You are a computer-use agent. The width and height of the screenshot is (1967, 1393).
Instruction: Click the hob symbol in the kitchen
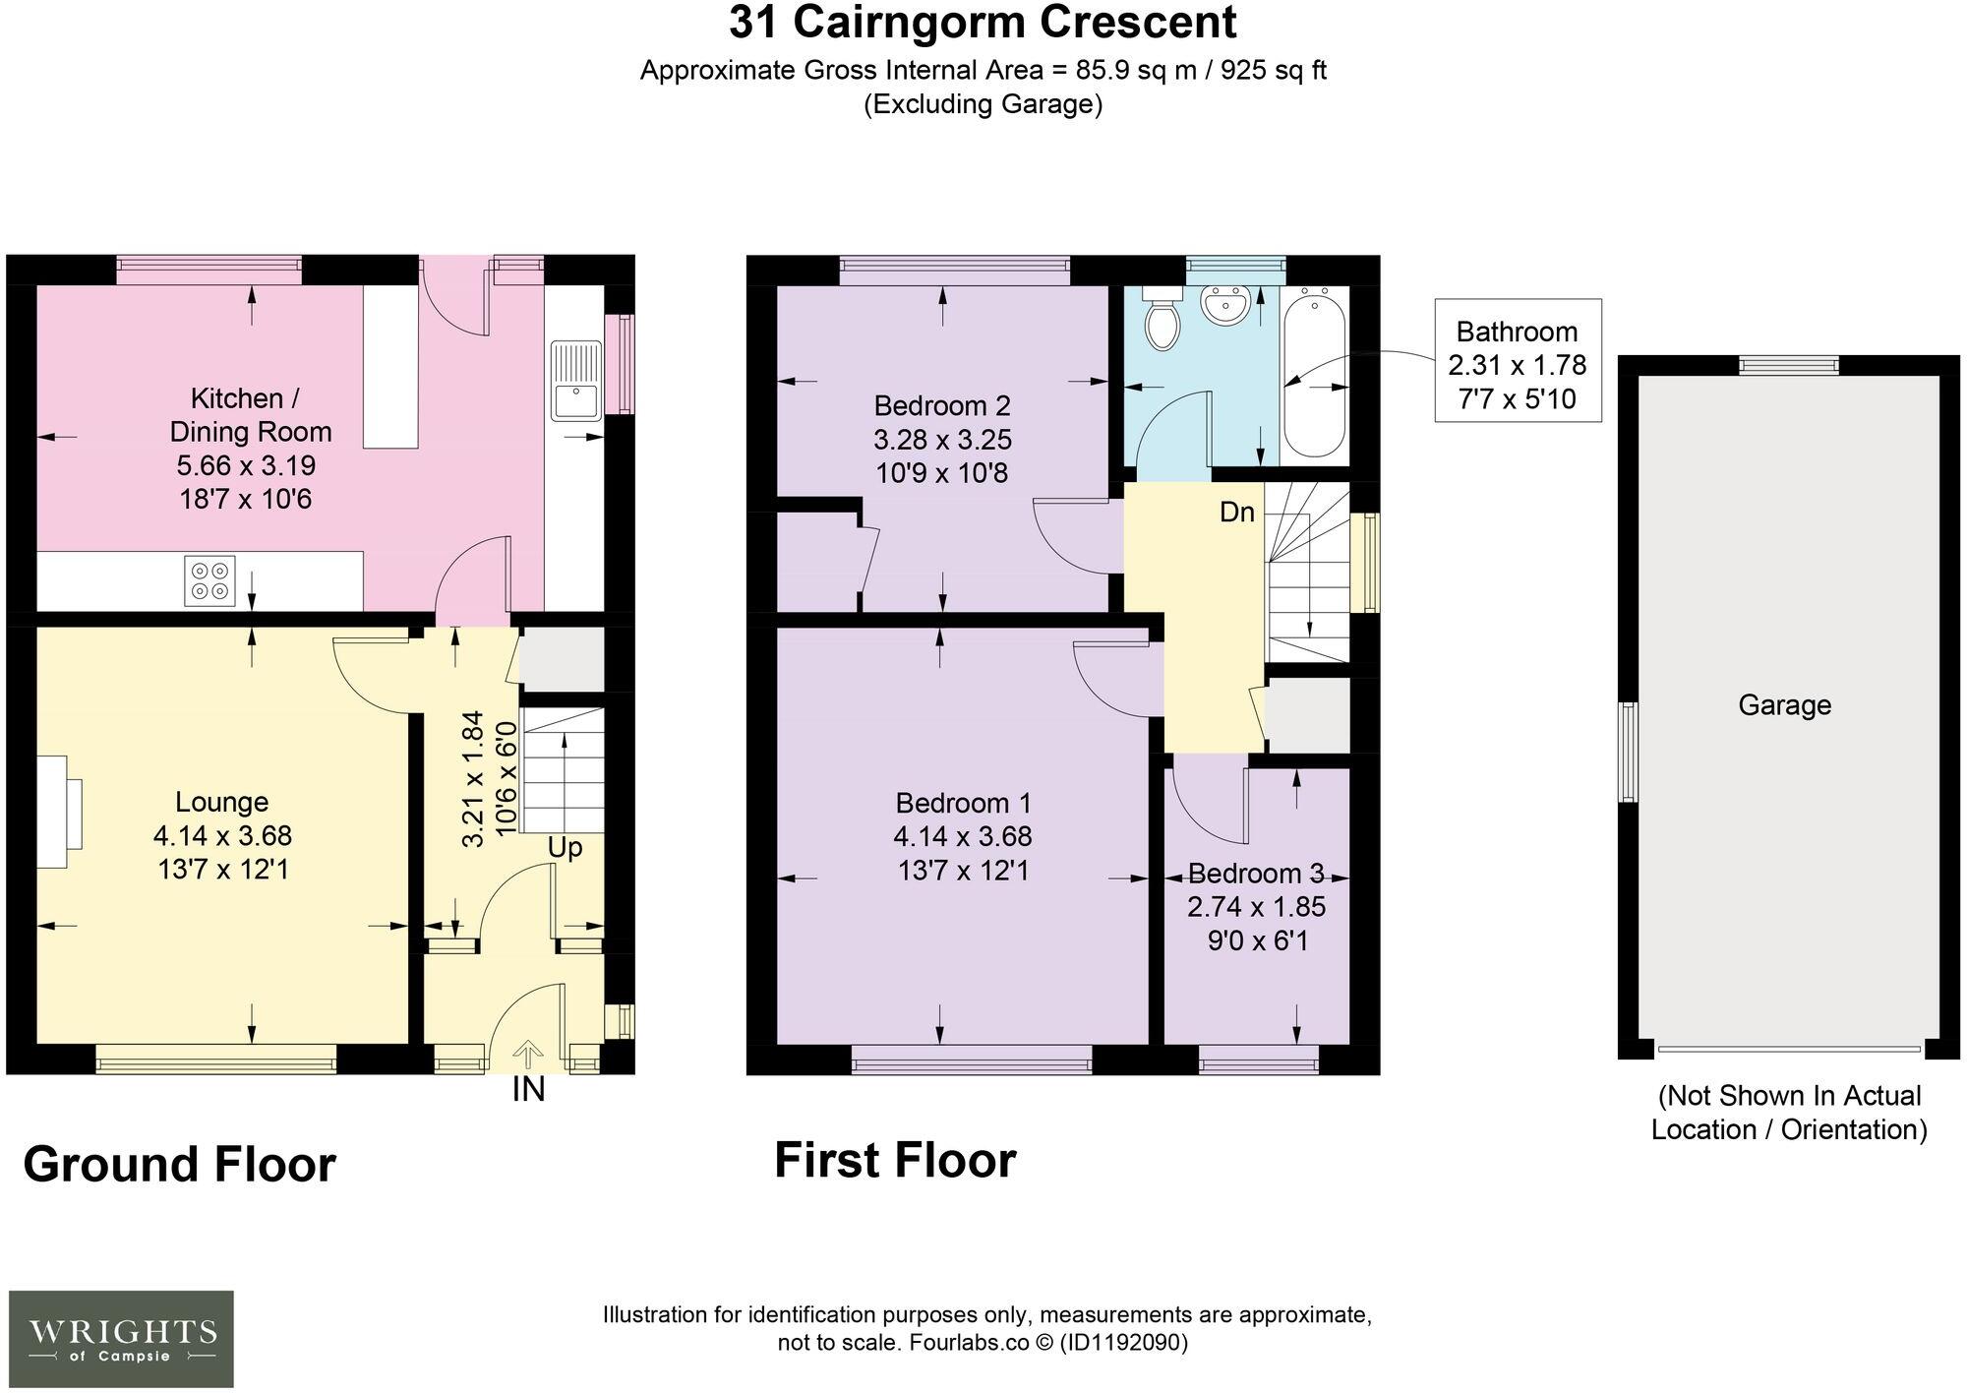click(210, 580)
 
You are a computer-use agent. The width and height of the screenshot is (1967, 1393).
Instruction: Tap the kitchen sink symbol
click(575, 381)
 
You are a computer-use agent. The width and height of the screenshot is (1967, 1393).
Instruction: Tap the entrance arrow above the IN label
click(528, 1055)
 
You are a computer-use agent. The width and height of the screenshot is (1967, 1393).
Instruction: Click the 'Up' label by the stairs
click(565, 848)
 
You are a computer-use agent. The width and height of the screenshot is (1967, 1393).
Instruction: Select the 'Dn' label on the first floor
click(1237, 513)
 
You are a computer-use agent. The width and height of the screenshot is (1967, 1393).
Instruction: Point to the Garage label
click(1784, 705)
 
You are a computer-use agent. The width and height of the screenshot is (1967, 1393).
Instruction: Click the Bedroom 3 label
click(1256, 874)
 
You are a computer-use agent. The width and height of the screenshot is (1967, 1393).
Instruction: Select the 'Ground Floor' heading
click(179, 1165)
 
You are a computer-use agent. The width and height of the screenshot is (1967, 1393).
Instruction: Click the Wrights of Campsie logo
click(122, 1339)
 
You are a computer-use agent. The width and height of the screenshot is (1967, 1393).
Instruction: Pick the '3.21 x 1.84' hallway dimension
click(474, 779)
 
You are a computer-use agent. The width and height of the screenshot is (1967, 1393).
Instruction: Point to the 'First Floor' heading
click(894, 1161)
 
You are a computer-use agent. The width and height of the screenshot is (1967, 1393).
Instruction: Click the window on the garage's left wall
click(1629, 753)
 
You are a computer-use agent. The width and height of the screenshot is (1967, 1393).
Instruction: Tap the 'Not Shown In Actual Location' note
click(1788, 1113)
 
